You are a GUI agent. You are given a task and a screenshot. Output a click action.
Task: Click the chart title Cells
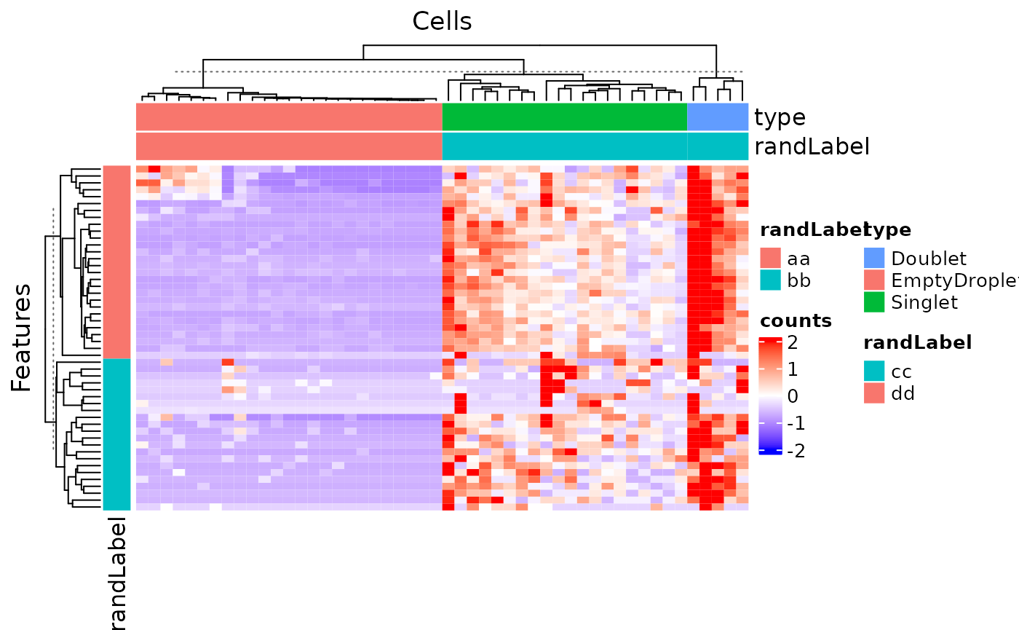pyautogui.click(x=442, y=21)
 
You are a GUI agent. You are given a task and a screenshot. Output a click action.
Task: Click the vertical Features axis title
pyautogui.click(x=22, y=338)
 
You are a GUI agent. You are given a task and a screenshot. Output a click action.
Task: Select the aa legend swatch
pyautogui.click(x=770, y=258)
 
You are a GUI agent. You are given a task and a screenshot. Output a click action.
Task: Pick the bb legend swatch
pyautogui.click(x=770, y=280)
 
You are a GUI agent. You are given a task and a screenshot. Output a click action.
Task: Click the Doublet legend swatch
pyautogui.click(x=874, y=258)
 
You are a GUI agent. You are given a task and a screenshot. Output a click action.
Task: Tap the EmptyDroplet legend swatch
pyautogui.click(x=874, y=280)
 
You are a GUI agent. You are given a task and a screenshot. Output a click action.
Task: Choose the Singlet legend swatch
pyautogui.click(x=874, y=302)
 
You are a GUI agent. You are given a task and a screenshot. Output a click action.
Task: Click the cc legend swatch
pyautogui.click(x=874, y=371)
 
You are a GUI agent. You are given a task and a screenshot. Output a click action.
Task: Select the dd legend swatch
pyautogui.click(x=874, y=393)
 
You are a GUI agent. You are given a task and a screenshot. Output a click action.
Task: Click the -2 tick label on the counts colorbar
pyautogui.click(x=796, y=452)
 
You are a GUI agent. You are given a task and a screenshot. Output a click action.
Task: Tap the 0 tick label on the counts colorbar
pyautogui.click(x=793, y=397)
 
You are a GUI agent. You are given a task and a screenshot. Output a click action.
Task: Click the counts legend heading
pyautogui.click(x=796, y=320)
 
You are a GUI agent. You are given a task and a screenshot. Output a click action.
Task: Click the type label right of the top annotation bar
pyautogui.click(x=780, y=117)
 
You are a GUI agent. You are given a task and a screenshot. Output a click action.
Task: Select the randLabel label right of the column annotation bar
pyautogui.click(x=812, y=146)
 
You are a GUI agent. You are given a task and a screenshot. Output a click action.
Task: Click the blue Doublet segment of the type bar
pyautogui.click(x=718, y=117)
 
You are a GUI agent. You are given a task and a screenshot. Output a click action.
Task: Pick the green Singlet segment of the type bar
pyautogui.click(x=565, y=117)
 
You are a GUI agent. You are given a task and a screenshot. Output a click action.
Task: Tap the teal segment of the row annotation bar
pyautogui.click(x=116, y=434)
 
